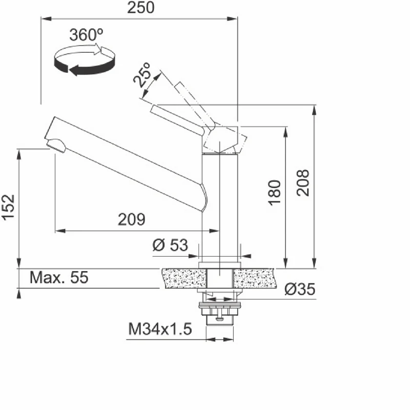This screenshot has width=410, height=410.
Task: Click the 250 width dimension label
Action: click(140, 8)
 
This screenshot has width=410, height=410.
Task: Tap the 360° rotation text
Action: click(86, 34)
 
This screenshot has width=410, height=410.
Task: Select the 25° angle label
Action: click(142, 75)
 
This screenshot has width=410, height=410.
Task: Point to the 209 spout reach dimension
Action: click(132, 219)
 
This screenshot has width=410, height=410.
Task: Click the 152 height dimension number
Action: click(9, 208)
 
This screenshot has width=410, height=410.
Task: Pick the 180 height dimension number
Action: click(274, 193)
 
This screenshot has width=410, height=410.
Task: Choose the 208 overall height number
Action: click(303, 182)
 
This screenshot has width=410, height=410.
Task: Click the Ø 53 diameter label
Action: click(170, 245)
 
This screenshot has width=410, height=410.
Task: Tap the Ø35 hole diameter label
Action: click(300, 289)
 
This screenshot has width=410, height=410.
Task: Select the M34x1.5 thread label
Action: click(160, 329)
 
